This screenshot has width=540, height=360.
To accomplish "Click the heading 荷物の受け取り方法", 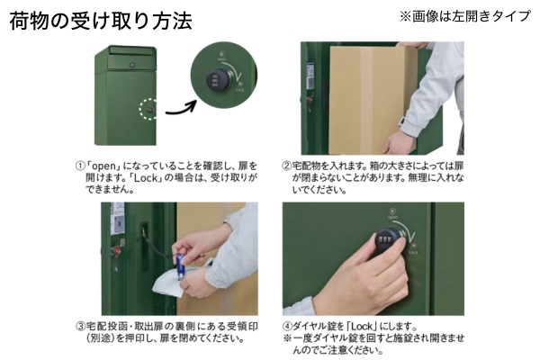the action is (x=101, y=21).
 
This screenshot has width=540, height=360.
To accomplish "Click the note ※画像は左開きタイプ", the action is (x=465, y=16).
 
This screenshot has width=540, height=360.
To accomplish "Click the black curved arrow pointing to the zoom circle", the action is (x=181, y=109).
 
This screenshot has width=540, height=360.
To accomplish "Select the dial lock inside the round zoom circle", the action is (x=218, y=80).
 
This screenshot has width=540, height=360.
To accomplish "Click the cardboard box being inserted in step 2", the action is (x=372, y=100).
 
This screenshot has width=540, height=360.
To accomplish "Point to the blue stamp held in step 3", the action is (x=180, y=266).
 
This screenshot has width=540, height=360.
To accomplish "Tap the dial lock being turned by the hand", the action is (x=387, y=238).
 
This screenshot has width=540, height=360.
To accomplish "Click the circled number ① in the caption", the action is (x=80, y=166).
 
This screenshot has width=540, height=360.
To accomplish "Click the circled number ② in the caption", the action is (x=286, y=166).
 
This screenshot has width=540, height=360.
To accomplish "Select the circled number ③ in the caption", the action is (x=81, y=326).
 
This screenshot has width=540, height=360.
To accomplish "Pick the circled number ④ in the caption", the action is (x=287, y=326).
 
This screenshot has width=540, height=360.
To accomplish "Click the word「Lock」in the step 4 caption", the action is (x=362, y=326).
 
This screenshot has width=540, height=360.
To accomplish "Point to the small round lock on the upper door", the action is (x=132, y=65).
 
